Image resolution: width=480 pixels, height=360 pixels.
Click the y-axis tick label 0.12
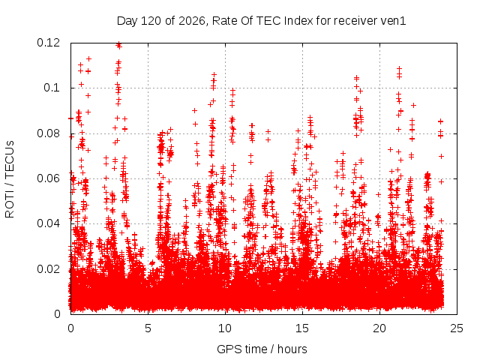coord(48,43)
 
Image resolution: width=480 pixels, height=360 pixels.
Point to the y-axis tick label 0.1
coord(52,88)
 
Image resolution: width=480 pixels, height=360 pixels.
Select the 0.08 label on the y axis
coord(48,133)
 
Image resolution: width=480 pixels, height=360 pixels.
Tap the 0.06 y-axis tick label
coord(48,178)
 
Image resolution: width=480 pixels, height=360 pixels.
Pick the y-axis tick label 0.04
coord(48,223)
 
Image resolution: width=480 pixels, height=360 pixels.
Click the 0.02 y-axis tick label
coord(48,269)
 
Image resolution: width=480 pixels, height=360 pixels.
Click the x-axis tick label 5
coord(148,328)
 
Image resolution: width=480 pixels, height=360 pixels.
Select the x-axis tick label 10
coord(225,328)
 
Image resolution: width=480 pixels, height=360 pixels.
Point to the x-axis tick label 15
coord(302,328)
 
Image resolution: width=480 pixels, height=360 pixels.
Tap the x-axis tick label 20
coord(379,328)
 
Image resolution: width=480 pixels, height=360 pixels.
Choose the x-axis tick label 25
coord(457,328)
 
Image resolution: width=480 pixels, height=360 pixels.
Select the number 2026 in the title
coord(192,21)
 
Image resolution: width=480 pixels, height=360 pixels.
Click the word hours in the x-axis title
coord(292,349)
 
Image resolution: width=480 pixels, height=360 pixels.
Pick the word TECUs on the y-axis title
coord(10,159)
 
